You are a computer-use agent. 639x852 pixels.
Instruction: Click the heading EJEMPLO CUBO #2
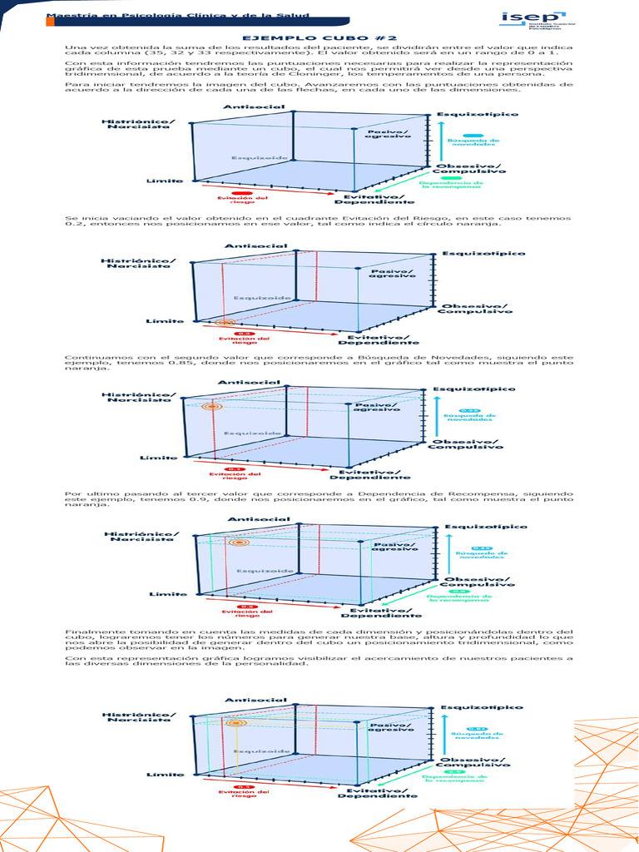pyautogui.click(x=319, y=37)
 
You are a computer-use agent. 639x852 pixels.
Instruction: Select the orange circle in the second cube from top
pyautogui.click(x=222, y=322)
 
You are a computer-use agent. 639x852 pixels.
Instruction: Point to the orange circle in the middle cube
pyautogui.click(x=212, y=407)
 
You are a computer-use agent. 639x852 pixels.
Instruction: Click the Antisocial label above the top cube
pyautogui.click(x=244, y=106)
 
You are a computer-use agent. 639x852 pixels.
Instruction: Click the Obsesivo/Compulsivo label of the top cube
pyautogui.click(x=469, y=170)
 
